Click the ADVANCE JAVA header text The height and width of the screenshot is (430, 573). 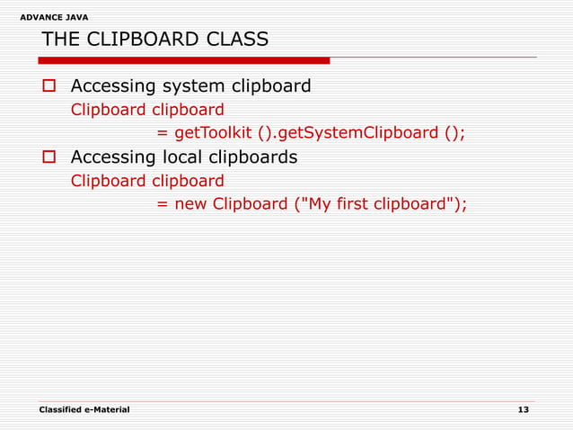click(x=54, y=17)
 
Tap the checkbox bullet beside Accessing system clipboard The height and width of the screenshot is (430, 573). click(x=50, y=87)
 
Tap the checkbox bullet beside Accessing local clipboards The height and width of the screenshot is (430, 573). click(x=50, y=158)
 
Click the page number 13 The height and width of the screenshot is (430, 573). click(x=524, y=409)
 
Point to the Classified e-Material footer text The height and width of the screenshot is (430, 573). click(x=84, y=409)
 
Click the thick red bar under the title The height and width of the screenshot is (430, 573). click(x=184, y=61)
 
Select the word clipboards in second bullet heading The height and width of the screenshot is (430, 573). click(x=258, y=157)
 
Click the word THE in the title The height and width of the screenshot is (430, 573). click(x=60, y=40)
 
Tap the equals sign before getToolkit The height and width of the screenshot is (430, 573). click(x=163, y=134)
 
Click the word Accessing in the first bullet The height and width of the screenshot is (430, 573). click(x=113, y=87)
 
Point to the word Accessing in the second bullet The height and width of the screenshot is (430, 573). click(x=113, y=157)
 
